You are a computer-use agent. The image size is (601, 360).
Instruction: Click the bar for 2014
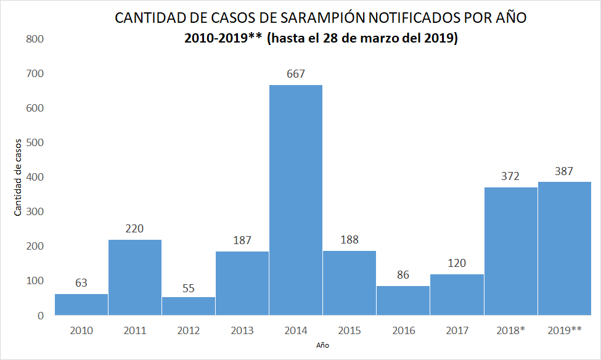296,200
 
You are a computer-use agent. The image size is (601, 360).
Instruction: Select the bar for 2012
189,306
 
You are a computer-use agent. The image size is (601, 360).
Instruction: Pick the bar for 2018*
510,251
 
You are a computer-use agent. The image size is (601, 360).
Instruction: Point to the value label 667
296,75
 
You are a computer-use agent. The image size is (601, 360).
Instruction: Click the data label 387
564,171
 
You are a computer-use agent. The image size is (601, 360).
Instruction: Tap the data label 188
350,240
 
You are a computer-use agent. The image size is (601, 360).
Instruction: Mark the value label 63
81,283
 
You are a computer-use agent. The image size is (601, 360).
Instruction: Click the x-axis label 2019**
565,330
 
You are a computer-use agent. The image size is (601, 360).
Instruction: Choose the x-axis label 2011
135,330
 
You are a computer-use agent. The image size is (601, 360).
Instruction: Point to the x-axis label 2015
350,330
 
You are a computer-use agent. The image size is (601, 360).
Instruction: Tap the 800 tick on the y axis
35,39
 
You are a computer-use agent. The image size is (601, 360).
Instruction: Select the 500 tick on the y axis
35,143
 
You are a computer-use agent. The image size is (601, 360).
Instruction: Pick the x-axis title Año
323,346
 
